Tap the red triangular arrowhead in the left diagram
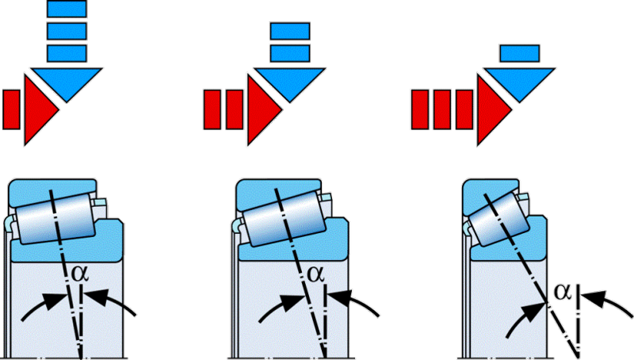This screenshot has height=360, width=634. coord(40,109)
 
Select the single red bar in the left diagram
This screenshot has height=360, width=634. coord(11,109)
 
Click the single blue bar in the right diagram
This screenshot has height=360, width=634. coord(520,53)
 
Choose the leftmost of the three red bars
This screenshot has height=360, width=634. coord(419,109)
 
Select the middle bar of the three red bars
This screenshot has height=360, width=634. coord(441,109)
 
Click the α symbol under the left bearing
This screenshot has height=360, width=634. coord(78,273)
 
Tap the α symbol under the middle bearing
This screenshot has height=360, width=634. coord(315,274)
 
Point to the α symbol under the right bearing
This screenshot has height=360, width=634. coord(563,293)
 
